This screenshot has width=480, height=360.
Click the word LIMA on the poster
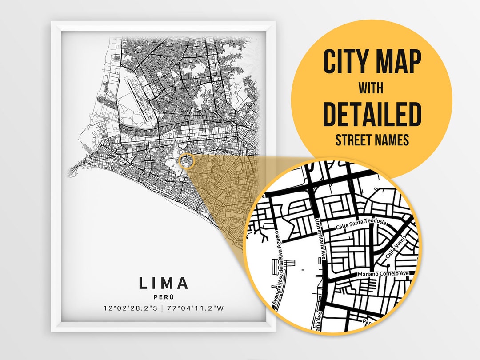164,283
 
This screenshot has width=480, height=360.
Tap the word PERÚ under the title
164,296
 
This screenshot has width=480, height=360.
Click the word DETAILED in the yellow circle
372,114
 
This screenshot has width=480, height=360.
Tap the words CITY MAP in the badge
372,62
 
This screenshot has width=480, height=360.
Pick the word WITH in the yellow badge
372,88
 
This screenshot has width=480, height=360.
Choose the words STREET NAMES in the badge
372,140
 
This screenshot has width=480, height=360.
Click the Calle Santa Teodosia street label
360,224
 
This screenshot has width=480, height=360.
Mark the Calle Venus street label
394,252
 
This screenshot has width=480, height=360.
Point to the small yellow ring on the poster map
186,161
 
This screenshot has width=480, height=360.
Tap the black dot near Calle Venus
388,265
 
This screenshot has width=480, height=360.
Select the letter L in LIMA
143,283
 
